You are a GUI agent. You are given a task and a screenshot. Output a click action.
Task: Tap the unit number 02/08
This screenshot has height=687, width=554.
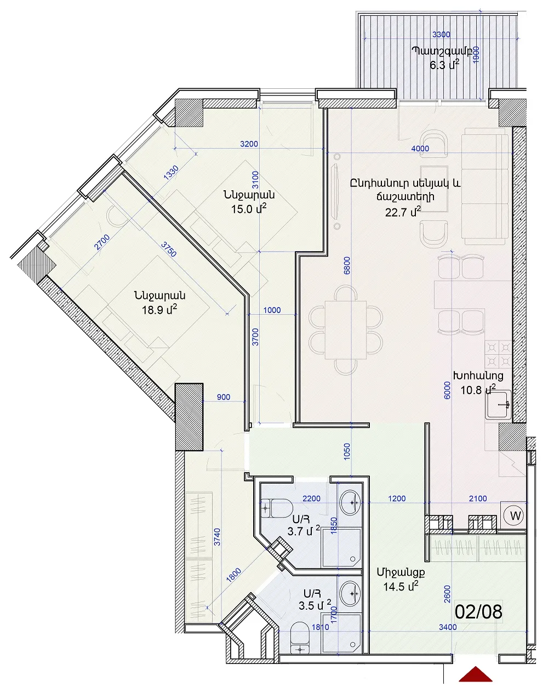click(x=478, y=611)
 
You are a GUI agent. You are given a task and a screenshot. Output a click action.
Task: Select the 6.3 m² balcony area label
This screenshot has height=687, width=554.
click(x=444, y=65)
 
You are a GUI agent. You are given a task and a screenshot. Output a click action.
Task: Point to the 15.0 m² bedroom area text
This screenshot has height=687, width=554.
click(x=249, y=209)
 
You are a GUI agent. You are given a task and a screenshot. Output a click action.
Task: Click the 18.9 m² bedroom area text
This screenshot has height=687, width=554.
click(x=159, y=310)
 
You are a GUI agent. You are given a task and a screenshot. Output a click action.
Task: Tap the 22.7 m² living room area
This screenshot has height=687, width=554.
click(x=403, y=211)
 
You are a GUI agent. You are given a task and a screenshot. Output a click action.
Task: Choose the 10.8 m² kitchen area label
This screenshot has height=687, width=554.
click(x=478, y=389)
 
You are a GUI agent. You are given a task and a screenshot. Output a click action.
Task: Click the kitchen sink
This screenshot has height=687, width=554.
click(x=498, y=405)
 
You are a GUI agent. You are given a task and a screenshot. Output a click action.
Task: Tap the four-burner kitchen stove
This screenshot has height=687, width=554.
click(x=498, y=354)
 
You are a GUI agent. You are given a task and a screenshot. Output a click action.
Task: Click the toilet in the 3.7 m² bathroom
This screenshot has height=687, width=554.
click(x=277, y=508)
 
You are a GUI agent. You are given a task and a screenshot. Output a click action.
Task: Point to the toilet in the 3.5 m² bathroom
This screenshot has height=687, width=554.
click(x=300, y=639)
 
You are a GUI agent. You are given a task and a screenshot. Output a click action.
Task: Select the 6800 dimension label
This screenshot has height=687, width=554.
click(x=347, y=265)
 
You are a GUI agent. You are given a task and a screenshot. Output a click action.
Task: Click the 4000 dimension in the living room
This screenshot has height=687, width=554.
click(x=420, y=149)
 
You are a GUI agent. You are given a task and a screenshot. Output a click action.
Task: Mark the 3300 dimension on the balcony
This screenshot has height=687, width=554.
click(x=441, y=35)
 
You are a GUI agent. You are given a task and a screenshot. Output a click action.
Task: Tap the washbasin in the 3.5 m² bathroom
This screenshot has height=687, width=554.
click(x=351, y=594)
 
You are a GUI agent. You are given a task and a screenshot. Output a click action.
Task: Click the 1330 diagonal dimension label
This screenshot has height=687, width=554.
click(x=171, y=174)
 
